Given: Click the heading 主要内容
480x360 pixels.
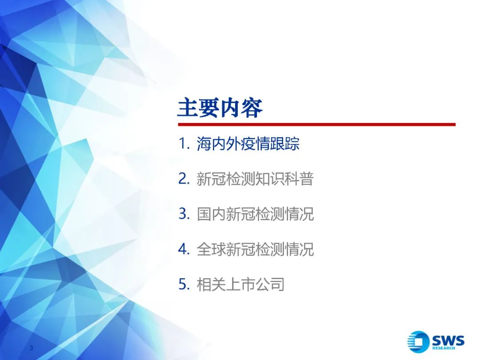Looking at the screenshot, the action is click(x=220, y=108).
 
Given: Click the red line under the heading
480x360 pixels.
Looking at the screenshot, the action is click(x=317, y=124).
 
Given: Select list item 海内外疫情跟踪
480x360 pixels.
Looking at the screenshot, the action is click(x=248, y=144).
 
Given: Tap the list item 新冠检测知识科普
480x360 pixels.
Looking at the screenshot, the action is click(x=255, y=179).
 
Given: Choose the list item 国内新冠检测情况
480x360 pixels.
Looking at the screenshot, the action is click(x=255, y=214).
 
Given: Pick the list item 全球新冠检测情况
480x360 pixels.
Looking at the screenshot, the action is click(x=255, y=249).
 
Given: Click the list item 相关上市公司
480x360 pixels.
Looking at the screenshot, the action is click(x=240, y=284).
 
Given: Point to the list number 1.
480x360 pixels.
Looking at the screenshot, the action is click(x=184, y=144).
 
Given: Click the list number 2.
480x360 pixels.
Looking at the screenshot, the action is click(x=184, y=179).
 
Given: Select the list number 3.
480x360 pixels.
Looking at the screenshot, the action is click(x=184, y=214).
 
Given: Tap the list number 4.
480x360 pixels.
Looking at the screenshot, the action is click(x=184, y=249).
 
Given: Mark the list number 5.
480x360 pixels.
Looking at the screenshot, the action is click(x=184, y=284).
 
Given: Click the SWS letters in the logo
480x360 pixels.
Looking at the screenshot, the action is click(x=448, y=340).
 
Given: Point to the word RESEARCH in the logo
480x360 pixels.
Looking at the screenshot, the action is click(x=444, y=348).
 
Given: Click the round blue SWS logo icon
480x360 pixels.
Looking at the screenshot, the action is click(x=418, y=342).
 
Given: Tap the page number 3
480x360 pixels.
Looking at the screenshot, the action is click(x=31, y=348).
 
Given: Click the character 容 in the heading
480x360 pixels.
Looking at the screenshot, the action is click(x=252, y=108).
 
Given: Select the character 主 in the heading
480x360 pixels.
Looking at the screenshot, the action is click(x=188, y=108).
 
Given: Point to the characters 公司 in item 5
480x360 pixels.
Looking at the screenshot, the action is click(x=270, y=284).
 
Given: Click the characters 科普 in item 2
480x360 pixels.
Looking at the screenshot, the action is click(x=300, y=179).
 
